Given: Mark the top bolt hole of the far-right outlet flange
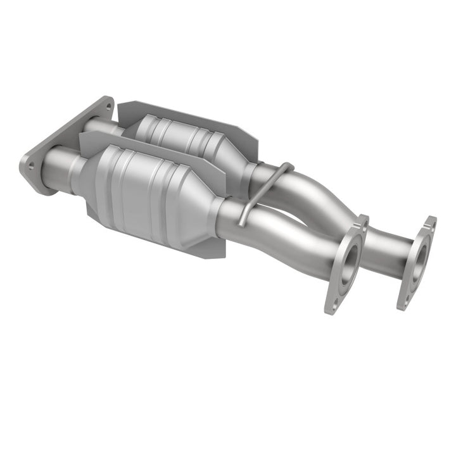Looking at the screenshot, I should click(x=431, y=223).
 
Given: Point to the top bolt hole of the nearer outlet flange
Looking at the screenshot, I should click(x=363, y=222).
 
